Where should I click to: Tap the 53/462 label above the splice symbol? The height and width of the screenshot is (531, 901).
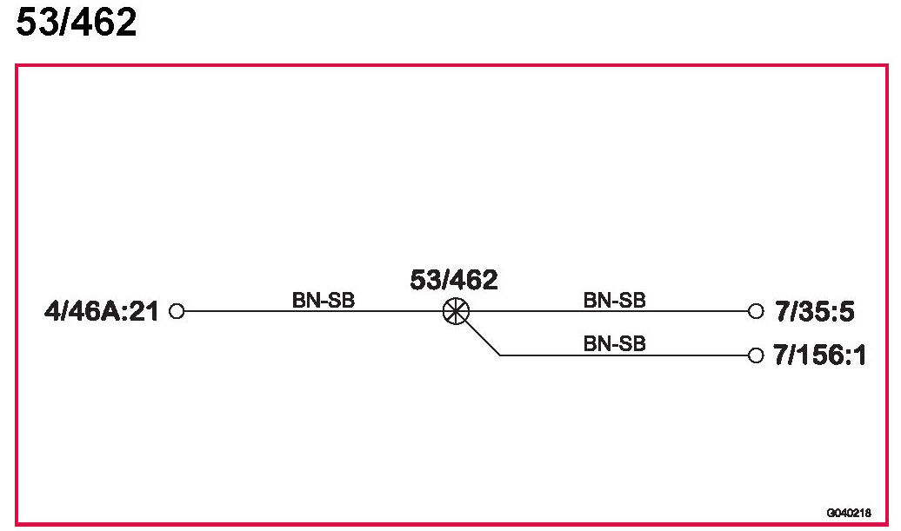click(x=454, y=281)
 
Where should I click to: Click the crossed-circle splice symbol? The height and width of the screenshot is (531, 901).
click(x=455, y=311)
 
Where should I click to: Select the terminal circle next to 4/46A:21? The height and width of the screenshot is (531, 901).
click(x=177, y=311)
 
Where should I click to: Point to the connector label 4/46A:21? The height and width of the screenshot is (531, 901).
click(x=102, y=311)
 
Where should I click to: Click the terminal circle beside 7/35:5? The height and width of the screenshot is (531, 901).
click(x=755, y=310)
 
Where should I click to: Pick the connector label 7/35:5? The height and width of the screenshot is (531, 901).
click(x=815, y=311)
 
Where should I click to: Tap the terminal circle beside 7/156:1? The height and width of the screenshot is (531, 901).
click(x=755, y=355)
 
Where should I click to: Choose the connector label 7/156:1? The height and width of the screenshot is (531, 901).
click(x=820, y=355)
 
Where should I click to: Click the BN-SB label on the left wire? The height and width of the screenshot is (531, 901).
click(x=324, y=300)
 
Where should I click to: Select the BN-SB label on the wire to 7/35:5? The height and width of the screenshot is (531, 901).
click(x=614, y=300)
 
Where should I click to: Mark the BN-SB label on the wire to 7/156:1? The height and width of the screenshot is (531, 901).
click(x=614, y=343)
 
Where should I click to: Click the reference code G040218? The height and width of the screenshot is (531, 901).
click(x=849, y=512)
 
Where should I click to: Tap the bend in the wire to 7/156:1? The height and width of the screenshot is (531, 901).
click(x=500, y=355)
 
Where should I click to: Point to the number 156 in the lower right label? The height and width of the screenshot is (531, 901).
click(x=820, y=355)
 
